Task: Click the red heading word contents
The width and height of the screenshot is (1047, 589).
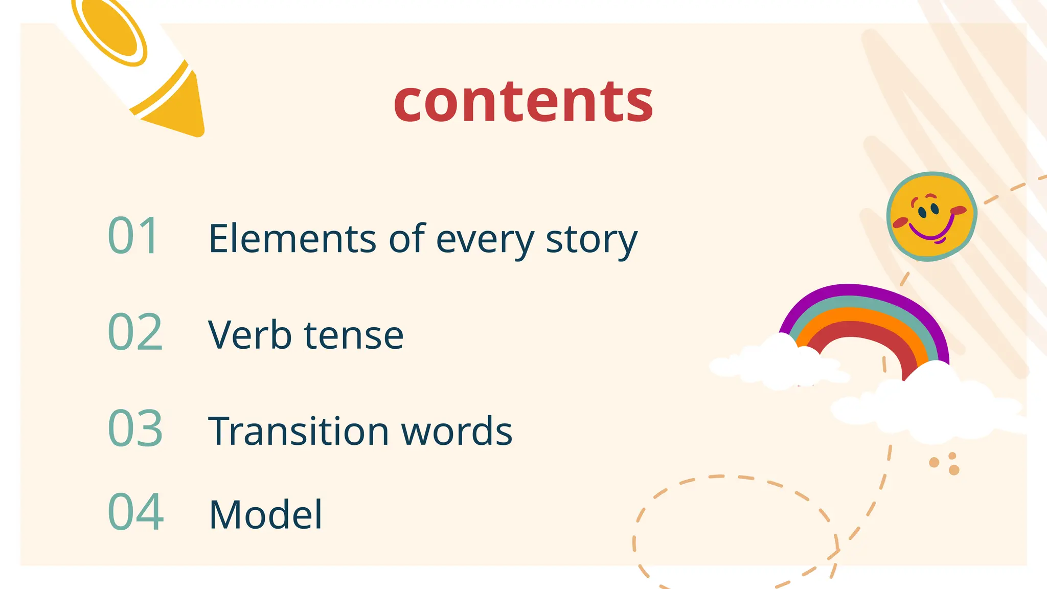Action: [523, 102]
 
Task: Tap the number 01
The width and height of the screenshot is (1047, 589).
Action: [133, 236]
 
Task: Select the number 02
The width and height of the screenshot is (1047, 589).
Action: [135, 332]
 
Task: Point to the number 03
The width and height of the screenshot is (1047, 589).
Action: [135, 428]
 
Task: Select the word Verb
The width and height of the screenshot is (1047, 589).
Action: [249, 335]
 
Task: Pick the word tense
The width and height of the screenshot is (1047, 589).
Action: [354, 336]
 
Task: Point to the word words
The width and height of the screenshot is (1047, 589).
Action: [457, 431]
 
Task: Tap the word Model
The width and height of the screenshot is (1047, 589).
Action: [266, 514]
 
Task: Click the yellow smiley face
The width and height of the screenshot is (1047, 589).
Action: [931, 216]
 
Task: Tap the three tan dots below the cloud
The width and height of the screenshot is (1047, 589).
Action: [945, 463]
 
